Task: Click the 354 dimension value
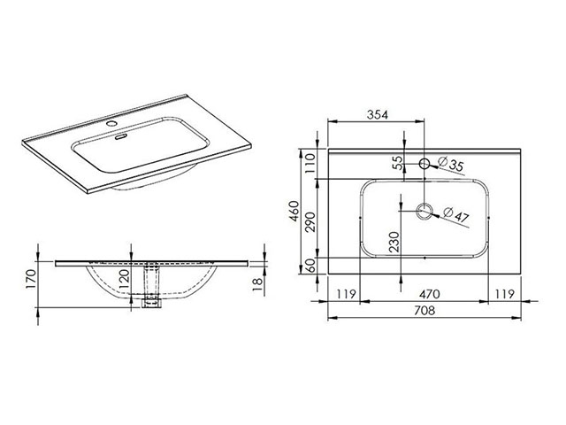tap(378, 115)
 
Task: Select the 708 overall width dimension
tap(424, 311)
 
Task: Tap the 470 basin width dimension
tap(429, 294)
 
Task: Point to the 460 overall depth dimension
tap(294, 212)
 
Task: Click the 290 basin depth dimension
tap(310, 222)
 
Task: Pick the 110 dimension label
tap(310, 163)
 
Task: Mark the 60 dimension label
tap(310, 266)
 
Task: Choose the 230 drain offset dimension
tap(394, 242)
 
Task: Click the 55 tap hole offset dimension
tap(397, 163)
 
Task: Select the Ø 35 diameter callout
tap(451, 164)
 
